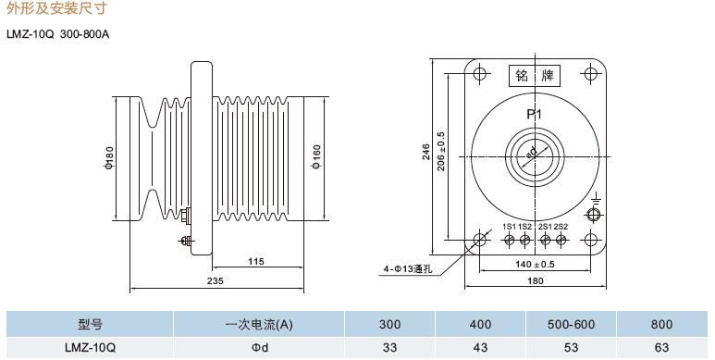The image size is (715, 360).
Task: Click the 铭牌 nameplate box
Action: pos(534,76)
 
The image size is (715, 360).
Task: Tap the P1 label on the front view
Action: pos(534,114)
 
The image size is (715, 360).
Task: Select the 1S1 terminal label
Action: pos(509,227)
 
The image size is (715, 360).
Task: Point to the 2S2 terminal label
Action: pos(561,227)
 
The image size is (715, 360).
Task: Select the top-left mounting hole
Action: pos(479,73)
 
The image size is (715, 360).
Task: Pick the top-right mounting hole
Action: pos(590,73)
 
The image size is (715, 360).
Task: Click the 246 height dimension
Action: pos(425,152)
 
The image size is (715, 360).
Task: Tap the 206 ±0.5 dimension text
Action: pos(441,152)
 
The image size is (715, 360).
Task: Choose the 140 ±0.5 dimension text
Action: pos(535,264)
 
